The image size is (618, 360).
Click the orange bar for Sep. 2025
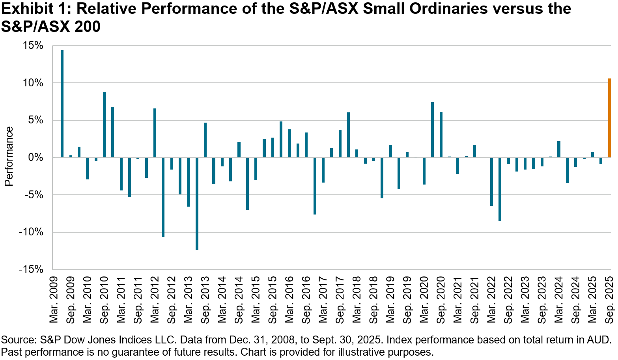pos(609,118)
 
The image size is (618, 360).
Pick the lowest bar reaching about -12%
pos(197,203)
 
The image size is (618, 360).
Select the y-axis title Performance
pos(9,156)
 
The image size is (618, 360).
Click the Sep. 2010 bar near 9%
pos(104,125)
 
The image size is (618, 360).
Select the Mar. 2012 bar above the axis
pos(155,133)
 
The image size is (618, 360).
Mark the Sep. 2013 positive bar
pos(205,140)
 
